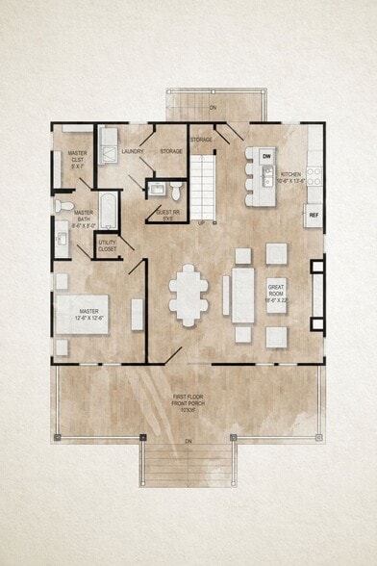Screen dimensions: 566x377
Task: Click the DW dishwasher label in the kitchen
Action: pyautogui.click(x=267, y=155)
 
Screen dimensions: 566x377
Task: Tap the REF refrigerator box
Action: pyautogui.click(x=314, y=216)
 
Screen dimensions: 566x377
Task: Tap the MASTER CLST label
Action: pyautogui.click(x=78, y=160)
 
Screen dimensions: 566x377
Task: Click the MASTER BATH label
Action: pyautogui.click(x=84, y=217)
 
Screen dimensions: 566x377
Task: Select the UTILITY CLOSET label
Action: pyautogui.click(x=108, y=245)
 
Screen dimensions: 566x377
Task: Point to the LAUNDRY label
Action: pyautogui.click(x=133, y=151)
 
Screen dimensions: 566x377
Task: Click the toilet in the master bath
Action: pyautogui.click(x=61, y=205)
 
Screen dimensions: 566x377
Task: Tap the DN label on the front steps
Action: pyautogui.click(x=188, y=441)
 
